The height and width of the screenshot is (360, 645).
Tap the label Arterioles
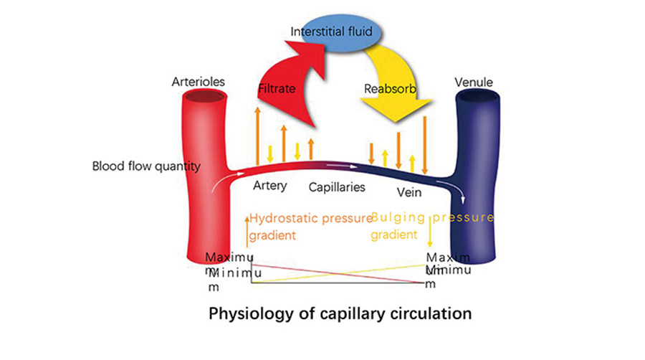(199, 82)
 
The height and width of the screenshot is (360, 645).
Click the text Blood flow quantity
(145, 166)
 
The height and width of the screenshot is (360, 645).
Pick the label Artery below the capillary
(270, 186)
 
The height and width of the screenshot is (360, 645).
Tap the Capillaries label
(338, 187)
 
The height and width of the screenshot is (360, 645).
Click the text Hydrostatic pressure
(310, 217)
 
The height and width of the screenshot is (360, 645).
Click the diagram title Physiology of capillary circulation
(340, 313)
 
